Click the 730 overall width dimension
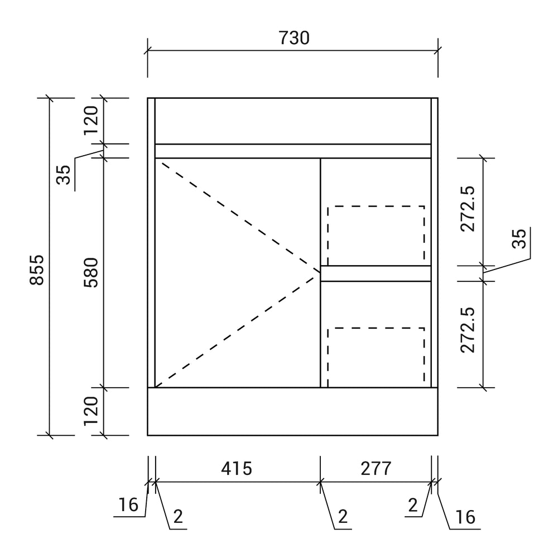(294, 38)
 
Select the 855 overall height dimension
(37, 270)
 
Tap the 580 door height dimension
(91, 272)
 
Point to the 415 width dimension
(237, 468)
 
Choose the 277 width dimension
(376, 468)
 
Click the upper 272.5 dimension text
(468, 209)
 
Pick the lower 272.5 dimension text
(468, 330)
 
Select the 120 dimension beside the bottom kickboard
(91, 411)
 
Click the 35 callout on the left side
(64, 175)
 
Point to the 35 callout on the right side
(519, 238)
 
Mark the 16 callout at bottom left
(128, 505)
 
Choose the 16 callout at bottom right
(465, 517)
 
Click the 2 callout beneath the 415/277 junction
(343, 517)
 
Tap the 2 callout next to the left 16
(178, 517)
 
